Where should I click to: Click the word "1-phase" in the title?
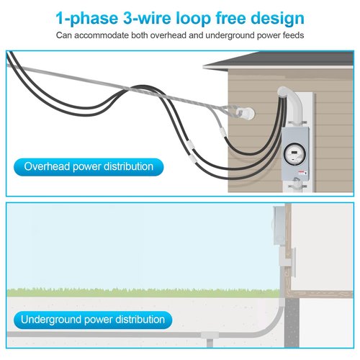(87, 19)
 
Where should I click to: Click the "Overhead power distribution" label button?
(89, 167)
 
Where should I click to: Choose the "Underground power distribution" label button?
(93, 320)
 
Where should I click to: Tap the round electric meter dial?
(295, 153)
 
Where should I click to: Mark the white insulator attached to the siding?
(246, 112)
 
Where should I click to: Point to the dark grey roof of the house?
(279, 60)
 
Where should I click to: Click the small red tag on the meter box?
(301, 172)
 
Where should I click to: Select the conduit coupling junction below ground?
(210, 335)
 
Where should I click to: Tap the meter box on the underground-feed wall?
(279, 225)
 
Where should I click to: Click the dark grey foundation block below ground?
(292, 323)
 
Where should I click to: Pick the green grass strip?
(143, 293)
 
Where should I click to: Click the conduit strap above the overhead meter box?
(297, 123)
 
